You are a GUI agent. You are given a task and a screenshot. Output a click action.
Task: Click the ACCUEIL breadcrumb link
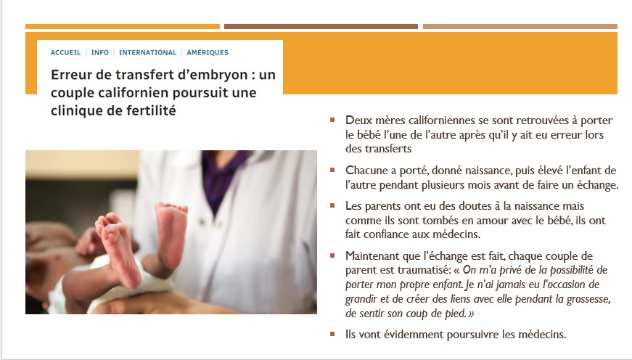(x=65, y=52)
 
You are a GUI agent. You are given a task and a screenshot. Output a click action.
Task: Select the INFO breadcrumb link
(x=100, y=52)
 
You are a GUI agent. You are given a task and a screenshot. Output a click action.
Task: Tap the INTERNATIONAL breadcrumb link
(x=147, y=52)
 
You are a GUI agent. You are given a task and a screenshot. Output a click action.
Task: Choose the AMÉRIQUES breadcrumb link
(x=208, y=52)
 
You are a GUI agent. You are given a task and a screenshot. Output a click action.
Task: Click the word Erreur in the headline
(x=71, y=75)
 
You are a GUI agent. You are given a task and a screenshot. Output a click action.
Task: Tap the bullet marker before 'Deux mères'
(x=332, y=120)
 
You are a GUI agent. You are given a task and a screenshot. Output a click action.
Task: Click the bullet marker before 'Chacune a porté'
(x=332, y=170)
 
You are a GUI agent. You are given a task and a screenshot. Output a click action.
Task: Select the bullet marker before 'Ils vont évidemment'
(x=332, y=334)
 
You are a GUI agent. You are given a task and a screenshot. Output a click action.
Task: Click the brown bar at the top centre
(x=321, y=27)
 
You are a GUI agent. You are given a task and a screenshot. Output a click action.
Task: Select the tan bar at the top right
(x=520, y=27)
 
